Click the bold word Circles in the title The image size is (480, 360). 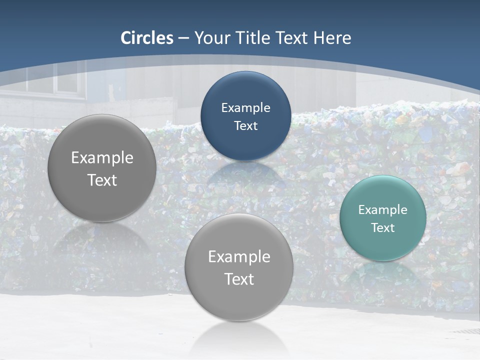(x=147, y=38)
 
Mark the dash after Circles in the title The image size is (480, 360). (x=183, y=38)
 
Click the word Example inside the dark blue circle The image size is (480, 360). (x=245, y=107)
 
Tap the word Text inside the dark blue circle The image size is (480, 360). (x=245, y=125)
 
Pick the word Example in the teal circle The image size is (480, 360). (x=383, y=209)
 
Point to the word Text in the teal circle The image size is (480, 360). (x=383, y=227)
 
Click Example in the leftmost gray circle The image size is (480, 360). (x=102, y=157)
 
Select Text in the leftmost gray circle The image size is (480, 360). (x=102, y=179)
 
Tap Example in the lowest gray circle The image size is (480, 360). (x=239, y=256)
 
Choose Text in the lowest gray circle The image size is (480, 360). (x=239, y=278)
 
